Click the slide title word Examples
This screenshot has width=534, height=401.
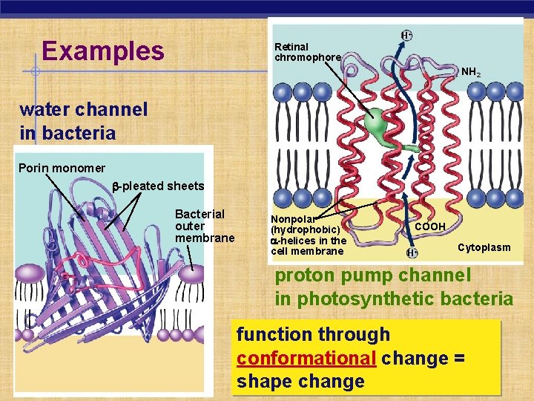coord(103,51)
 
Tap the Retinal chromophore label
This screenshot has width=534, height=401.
coord(307,52)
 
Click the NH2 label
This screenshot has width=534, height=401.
coord(470,73)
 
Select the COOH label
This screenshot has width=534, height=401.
coord(429,226)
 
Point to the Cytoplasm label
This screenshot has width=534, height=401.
coord(484,247)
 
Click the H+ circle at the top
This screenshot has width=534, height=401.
coord(407,35)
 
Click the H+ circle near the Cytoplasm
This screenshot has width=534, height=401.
coord(412,252)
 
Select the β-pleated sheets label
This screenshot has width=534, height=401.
coord(157,186)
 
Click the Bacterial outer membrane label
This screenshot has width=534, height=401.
coord(204,226)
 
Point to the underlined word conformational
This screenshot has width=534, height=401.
coord(306,358)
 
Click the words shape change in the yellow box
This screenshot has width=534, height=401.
coord(300,382)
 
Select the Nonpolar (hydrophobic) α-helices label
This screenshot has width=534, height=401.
coord(308,235)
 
